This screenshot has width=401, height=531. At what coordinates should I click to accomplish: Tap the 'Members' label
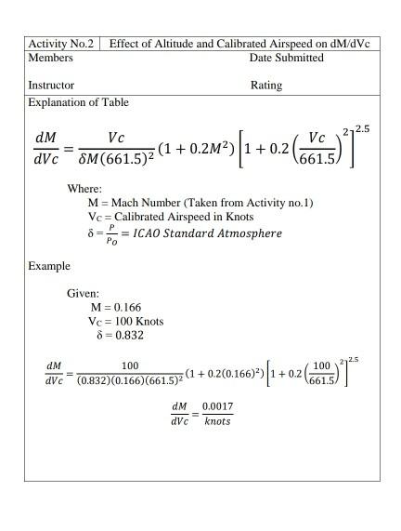(50, 58)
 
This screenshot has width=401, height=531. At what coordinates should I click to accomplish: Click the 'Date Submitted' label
(286, 58)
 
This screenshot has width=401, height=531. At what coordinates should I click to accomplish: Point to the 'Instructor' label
(51, 86)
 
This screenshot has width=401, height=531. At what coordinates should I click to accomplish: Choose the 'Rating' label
(265, 86)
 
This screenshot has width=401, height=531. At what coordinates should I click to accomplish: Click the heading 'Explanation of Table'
(78, 102)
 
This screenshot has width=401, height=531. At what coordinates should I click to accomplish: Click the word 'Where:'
(84, 188)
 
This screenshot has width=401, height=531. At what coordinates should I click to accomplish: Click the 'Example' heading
(48, 266)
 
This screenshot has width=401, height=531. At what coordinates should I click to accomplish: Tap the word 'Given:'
(83, 293)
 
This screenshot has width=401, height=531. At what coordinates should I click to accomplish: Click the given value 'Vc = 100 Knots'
(119, 321)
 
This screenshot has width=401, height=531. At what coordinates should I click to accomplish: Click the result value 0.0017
(216, 406)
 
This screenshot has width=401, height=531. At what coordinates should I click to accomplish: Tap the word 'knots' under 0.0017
(217, 421)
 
